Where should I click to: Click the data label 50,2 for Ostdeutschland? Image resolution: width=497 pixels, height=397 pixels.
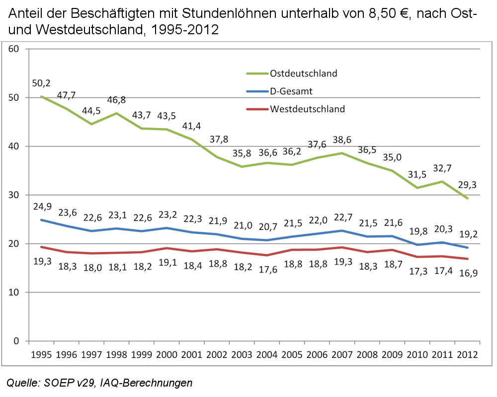click(42, 83)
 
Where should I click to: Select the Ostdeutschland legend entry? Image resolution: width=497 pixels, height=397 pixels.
click(303, 73)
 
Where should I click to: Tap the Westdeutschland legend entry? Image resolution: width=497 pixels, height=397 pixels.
click(307, 109)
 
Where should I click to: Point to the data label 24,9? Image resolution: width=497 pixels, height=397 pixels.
click(42, 206)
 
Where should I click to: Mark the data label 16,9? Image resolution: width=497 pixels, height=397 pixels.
click(467, 273)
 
